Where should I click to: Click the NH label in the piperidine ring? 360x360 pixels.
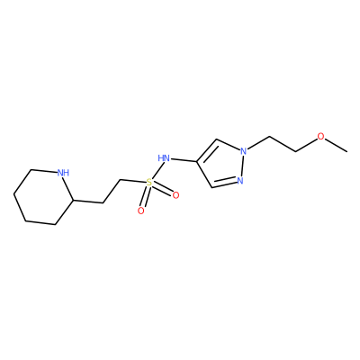coord(63,173)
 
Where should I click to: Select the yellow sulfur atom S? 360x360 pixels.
coord(149,182)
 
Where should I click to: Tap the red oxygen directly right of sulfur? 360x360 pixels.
coord(175,195)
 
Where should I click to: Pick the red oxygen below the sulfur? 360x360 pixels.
coord(140,211)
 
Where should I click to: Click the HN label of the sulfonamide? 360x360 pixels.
coord(164,157)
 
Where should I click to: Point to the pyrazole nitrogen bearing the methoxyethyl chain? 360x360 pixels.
coord(244,151)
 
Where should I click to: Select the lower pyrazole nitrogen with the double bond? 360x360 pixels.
coord(239,181)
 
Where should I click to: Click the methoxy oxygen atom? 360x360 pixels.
coord(321,137)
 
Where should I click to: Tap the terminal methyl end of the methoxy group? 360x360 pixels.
coord(347,151)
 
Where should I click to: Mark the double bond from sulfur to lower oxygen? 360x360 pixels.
coord(145,196)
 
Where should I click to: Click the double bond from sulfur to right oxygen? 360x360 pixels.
coord(162,189)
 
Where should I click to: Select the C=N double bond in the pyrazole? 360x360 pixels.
coord(224,184)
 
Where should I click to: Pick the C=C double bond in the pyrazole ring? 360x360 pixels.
coord(207,151)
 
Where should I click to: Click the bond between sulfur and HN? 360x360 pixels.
coord(156,170)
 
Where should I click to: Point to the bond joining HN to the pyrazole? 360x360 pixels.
coord(184,159)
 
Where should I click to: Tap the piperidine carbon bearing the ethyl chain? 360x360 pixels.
coord(73,199)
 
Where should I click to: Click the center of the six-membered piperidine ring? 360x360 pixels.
coord(43,196)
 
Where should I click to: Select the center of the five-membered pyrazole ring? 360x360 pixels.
coord(220,165)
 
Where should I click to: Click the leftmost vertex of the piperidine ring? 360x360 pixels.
coord(13,194)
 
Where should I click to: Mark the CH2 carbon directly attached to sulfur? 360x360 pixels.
coord(121,180)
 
